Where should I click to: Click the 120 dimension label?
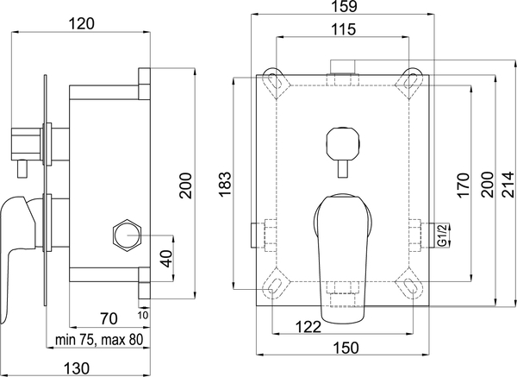82,24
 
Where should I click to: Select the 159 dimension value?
343,6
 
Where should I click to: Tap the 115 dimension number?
343,29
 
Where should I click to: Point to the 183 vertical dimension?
226,184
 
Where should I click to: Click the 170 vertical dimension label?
463,185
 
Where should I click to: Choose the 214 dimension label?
508,185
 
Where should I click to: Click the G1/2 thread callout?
443,235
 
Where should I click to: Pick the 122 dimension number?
308,327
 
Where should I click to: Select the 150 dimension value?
346,348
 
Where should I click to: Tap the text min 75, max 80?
99,339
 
